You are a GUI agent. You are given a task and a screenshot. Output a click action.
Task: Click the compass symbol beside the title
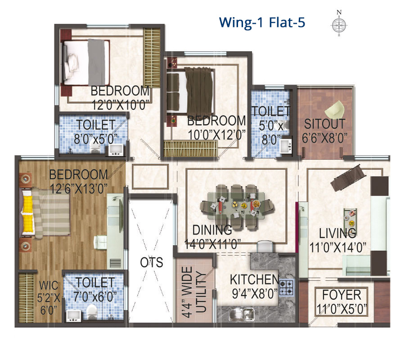[339, 24]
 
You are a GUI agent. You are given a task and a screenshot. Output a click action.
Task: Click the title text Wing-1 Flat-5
[262, 22]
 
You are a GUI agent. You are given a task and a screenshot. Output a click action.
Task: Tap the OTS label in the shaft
[152, 262]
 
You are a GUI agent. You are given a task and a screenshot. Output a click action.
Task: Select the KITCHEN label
[254, 279]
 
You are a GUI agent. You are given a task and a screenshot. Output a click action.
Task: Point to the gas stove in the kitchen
[287, 288]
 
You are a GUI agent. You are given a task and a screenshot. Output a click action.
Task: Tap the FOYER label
[342, 295]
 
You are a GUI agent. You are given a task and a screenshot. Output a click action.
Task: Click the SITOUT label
[324, 124]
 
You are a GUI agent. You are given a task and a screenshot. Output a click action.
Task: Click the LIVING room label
[337, 233]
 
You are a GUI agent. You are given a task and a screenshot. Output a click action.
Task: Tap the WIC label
[49, 285]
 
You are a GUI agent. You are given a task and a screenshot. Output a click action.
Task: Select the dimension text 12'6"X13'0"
[78, 189]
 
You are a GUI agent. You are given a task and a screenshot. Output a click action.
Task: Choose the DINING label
[212, 230]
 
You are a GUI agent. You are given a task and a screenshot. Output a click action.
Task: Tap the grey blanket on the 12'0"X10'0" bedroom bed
[96, 62]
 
